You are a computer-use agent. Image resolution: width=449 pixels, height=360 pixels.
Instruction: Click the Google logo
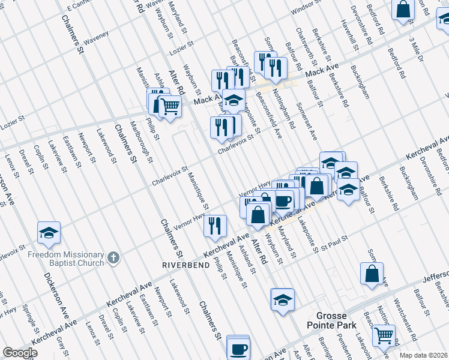point(20,353)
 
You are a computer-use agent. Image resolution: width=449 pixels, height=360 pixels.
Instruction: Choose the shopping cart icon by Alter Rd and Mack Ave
point(170,107)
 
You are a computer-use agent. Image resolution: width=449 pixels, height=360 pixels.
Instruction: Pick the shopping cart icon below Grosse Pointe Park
point(384,335)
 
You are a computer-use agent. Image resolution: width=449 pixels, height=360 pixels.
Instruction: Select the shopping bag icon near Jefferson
point(372,273)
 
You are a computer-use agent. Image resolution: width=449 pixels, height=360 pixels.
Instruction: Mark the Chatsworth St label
point(303,41)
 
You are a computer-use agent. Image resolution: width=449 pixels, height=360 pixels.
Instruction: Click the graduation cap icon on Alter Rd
point(283,300)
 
